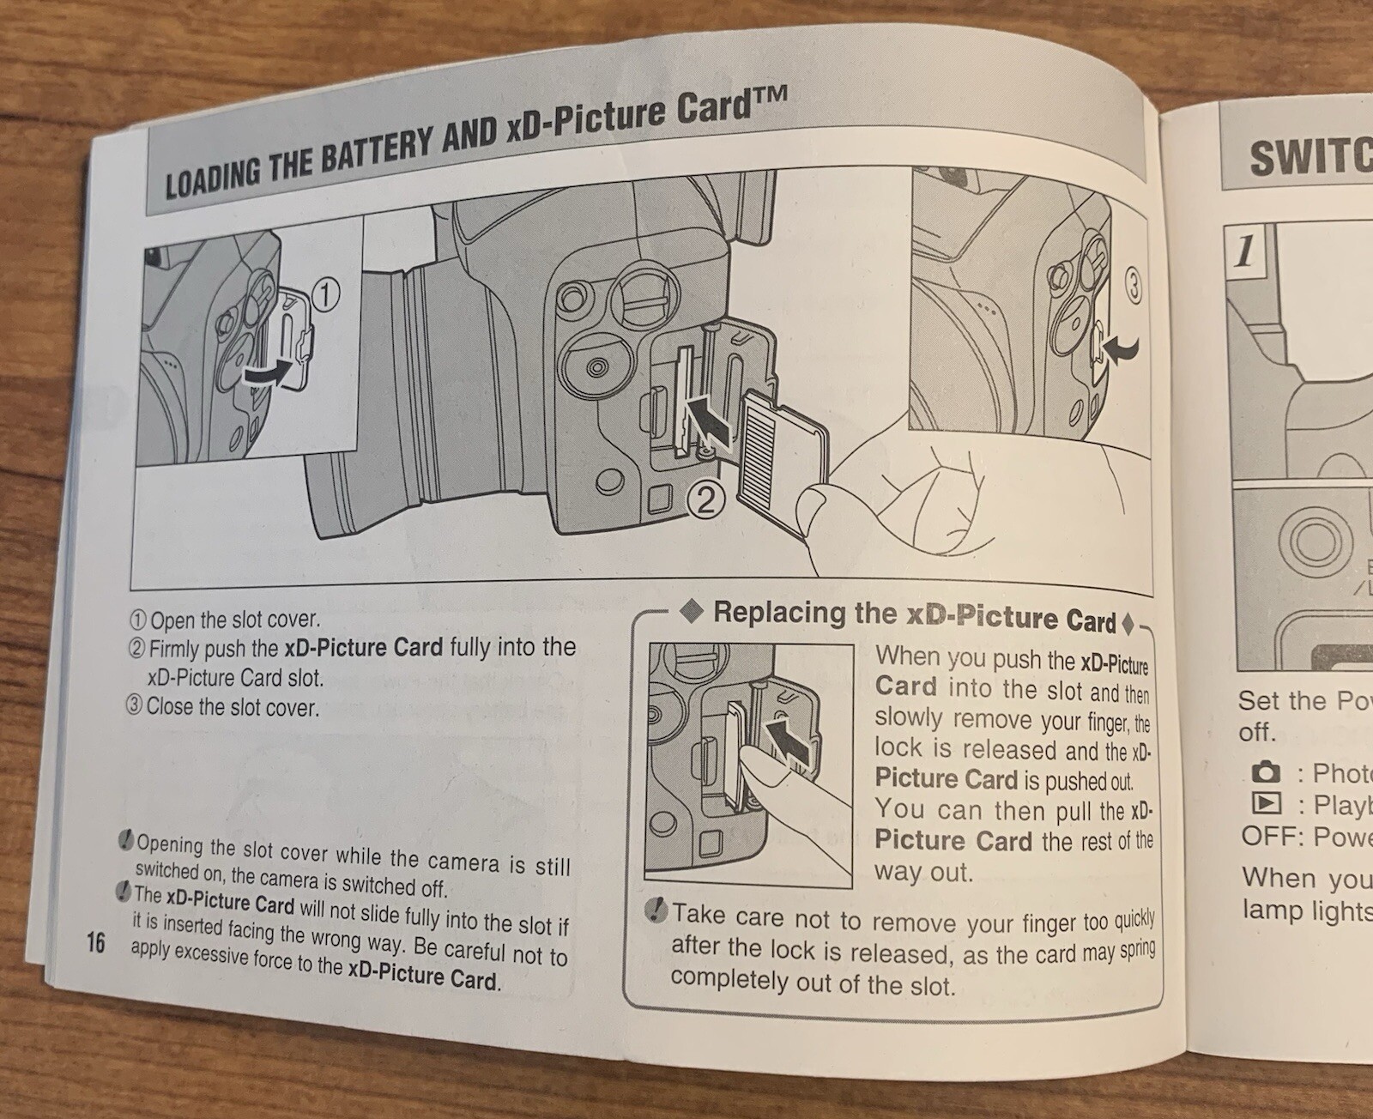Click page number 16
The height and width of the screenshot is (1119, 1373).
click(94, 942)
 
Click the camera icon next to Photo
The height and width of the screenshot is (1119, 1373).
click(1265, 773)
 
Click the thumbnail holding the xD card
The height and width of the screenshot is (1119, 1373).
click(815, 508)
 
